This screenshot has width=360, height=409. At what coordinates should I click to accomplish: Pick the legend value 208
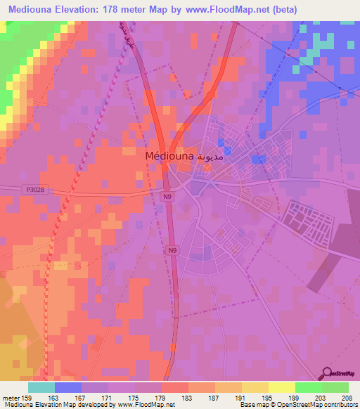[x=345, y=396]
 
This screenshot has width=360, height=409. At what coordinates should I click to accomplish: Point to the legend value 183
[x=186, y=396]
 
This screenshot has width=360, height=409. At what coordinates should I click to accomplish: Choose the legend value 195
[x=266, y=396]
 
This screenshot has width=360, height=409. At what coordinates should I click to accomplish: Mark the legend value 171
[x=107, y=396]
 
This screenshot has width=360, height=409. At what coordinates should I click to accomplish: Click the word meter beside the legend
[x=10, y=396]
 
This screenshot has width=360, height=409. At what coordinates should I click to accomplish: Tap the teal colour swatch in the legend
[x=41, y=387]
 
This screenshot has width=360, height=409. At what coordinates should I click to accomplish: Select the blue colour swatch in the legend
[x=68, y=387]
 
